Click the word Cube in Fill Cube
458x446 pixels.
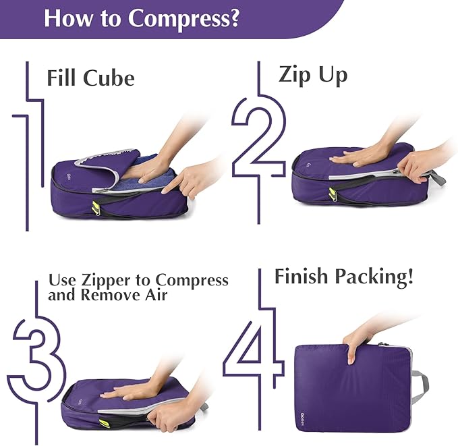(109, 78)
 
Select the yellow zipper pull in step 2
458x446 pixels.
(333, 195)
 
